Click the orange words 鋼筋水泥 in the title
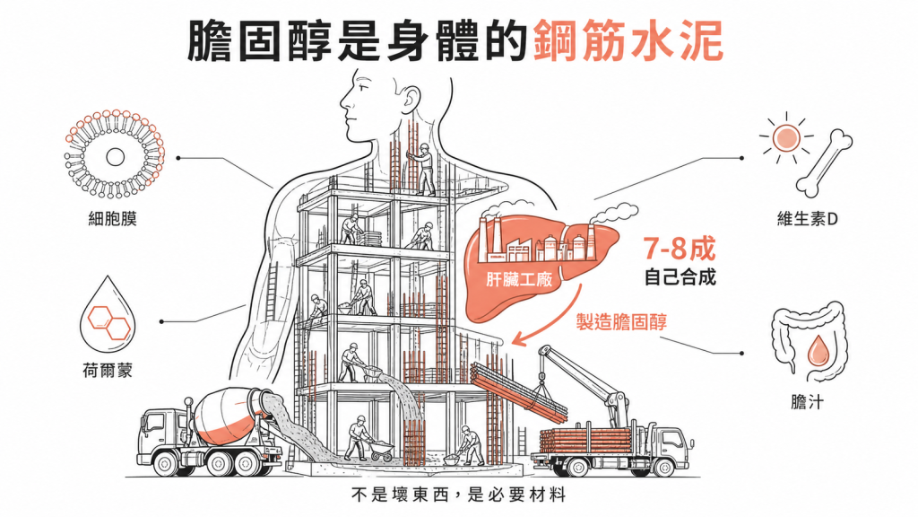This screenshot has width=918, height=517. point(628,40)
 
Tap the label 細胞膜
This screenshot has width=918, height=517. point(112,219)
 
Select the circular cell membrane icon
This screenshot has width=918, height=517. point(114,154)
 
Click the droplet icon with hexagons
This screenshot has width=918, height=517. point(108,313)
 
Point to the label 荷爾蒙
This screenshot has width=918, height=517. point(108,371)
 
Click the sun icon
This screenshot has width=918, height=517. point(785,138)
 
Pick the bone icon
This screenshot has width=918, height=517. point(825,163)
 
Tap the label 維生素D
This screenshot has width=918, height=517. point(808,219)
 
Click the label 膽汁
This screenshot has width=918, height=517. point(807,402)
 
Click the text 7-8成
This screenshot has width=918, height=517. point(680,249)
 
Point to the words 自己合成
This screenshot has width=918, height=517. point(680,276)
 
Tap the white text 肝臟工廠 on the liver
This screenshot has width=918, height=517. point(519,279)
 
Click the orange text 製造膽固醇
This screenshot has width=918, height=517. point(621,322)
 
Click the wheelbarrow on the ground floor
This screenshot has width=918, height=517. point(380,450)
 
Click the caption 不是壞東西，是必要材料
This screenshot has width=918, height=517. point(459,495)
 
